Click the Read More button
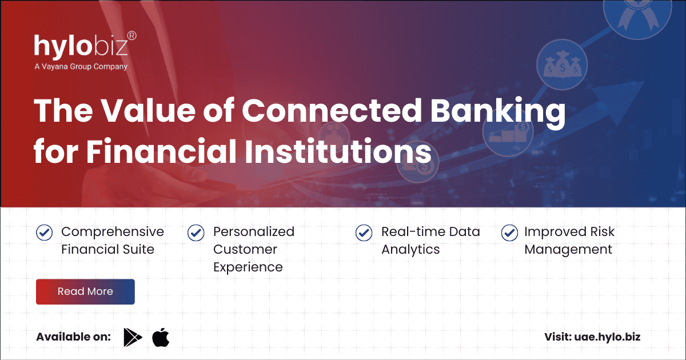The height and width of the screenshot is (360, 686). (x=85, y=291)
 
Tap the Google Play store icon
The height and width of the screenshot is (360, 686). (x=133, y=337)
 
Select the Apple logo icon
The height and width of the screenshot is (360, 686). (x=161, y=337)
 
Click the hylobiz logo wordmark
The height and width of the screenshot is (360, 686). (x=81, y=46)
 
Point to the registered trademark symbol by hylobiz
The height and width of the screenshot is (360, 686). (x=132, y=36)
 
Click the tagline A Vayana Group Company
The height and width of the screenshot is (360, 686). (x=81, y=66)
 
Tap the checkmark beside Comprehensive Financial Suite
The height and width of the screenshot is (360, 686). (x=45, y=233)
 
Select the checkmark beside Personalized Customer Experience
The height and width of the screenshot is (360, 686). (x=196, y=233)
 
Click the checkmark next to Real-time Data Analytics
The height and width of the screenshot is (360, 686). (x=364, y=233)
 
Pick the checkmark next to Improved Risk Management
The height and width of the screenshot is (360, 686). (x=509, y=233)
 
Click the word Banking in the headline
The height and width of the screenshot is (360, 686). (x=498, y=111)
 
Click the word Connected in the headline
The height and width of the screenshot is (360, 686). (x=332, y=110)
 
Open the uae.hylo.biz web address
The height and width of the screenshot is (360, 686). (x=607, y=337)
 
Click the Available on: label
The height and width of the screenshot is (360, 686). (x=74, y=337)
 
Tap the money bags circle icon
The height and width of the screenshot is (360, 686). (x=563, y=65)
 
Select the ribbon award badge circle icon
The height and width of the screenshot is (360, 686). (x=637, y=15)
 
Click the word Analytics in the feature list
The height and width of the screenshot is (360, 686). (x=410, y=250)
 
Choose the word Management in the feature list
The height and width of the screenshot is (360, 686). (x=568, y=250)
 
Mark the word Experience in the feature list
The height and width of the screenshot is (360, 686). (x=248, y=267)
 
